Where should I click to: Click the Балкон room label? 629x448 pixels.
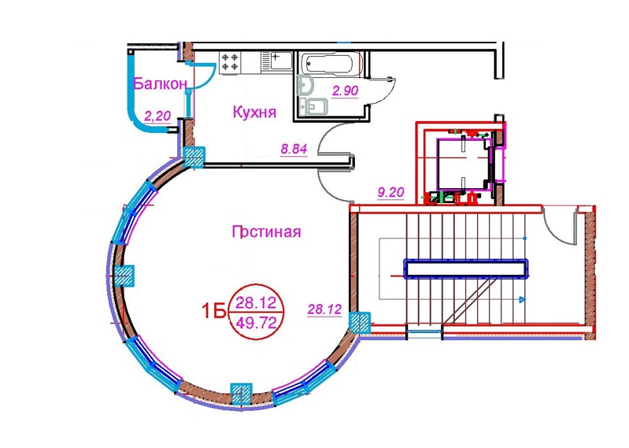coord(160,83)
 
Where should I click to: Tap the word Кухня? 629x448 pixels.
coord(254,112)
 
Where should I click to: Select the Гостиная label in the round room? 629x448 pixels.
coord(266,231)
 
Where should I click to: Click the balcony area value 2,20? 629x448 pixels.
coord(157,117)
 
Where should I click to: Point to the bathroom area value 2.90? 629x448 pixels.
coord(345,91)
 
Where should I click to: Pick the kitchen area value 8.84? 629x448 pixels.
coord(294,149)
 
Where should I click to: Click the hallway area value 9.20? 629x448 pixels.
coord(390,193)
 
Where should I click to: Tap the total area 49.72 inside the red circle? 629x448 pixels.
coord(256,322)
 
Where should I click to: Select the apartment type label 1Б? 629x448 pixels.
coord(214,311)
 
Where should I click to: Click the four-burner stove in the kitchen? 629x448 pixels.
coord(230,62)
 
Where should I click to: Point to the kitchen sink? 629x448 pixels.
coord(276,61)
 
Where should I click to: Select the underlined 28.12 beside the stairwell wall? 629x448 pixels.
coord(324,309)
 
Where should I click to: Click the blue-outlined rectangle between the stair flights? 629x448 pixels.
coord(466,268)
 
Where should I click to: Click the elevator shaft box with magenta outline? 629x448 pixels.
coord(463,164)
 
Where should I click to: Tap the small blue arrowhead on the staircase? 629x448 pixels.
coord(522,299)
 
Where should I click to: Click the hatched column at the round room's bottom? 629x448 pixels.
coord(241,393)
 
